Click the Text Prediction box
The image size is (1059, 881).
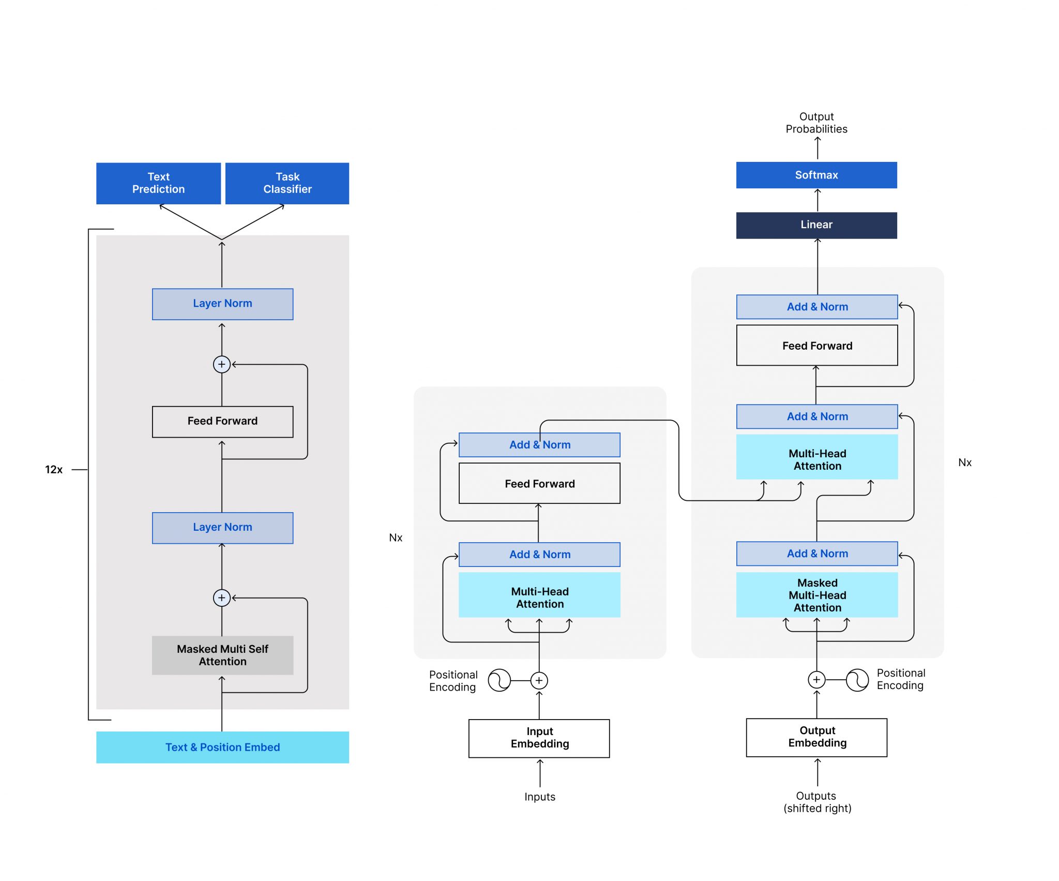(158, 183)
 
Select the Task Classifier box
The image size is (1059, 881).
(287, 183)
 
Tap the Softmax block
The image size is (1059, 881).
(816, 175)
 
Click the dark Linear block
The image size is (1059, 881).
(816, 225)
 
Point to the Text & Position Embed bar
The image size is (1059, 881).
(222, 747)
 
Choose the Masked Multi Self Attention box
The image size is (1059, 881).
(222, 655)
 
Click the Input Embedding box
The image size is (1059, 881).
(539, 738)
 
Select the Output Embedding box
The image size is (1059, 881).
(816, 737)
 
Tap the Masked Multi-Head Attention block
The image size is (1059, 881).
(816, 595)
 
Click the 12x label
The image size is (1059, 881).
(54, 469)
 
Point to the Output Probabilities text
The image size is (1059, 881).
(816, 123)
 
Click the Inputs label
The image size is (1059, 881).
(539, 797)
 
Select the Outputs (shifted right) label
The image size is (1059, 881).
(816, 802)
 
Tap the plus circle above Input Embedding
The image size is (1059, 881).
(539, 680)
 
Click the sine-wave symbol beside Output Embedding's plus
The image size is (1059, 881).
(857, 680)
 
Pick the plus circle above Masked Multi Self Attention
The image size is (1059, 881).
(222, 598)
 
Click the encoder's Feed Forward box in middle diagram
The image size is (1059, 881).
(539, 483)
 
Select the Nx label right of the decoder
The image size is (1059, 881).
(964, 462)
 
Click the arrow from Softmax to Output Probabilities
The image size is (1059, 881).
(817, 148)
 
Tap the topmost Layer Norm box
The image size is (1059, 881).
(222, 304)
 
